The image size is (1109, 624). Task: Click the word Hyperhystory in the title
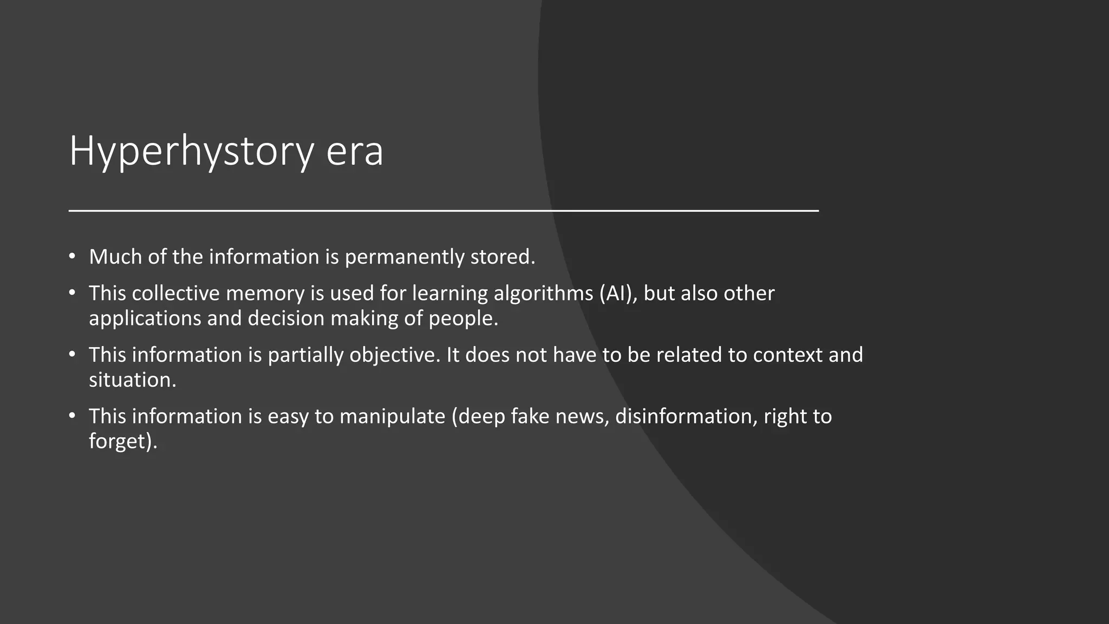click(191, 152)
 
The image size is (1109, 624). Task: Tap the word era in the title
click(355, 152)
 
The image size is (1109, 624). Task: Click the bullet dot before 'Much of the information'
click(73, 256)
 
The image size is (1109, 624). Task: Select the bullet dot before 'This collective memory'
click(73, 292)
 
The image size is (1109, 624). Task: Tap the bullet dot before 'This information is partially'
click(73, 354)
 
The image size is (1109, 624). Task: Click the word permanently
click(404, 257)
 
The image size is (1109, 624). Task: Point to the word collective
click(175, 293)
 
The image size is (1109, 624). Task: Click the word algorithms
click(543, 294)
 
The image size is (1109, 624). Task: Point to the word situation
click(132, 380)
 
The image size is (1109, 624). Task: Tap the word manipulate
click(392, 417)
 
